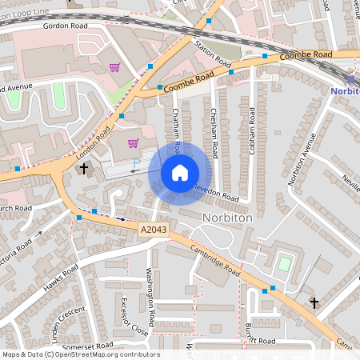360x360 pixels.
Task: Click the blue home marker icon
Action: pyautogui.click(x=180, y=172)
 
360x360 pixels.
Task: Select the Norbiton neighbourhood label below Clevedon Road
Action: pyautogui.click(x=228, y=218)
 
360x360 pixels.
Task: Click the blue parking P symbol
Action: pyautogui.click(x=136, y=162)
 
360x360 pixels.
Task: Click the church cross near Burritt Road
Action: pyautogui.click(x=314, y=303)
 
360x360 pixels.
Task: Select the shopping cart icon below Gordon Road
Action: pyautogui.click(x=114, y=67)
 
